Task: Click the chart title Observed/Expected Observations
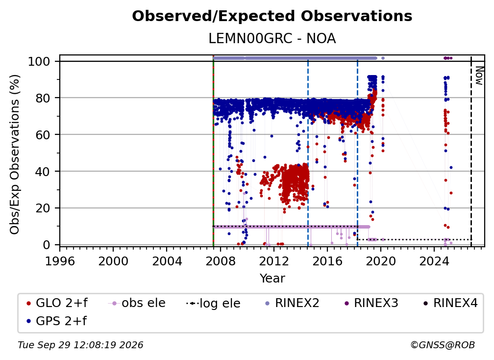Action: pos(272,16)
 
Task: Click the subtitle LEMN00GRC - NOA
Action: pos(272,39)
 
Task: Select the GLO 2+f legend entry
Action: pos(57,303)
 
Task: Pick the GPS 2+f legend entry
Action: pos(57,321)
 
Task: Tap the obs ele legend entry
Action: pos(137,303)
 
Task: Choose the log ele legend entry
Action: pos(213,303)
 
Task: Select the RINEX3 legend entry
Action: pos(371,303)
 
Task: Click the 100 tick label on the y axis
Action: pos(39,61)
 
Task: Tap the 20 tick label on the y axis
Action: pos(43,208)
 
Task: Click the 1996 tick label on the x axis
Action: pos(60,261)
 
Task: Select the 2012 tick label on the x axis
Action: pos(274,261)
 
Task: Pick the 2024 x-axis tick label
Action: pos(434,261)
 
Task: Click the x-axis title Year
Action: pos(272,279)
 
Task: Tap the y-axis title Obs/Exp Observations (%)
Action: pos(15,154)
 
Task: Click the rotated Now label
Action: pos(479,76)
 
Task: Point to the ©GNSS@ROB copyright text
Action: pos(443,345)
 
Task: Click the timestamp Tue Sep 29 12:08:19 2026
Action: pos(80,345)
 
